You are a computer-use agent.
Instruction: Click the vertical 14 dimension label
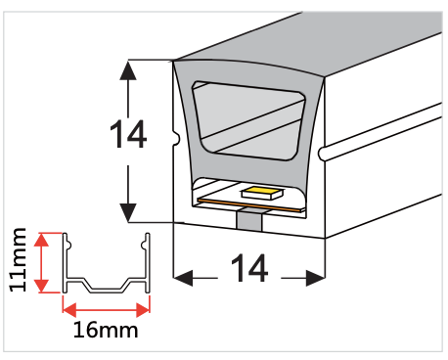pyautogui.click(x=128, y=136)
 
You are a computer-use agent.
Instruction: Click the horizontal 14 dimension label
pyautogui.click(x=249, y=267)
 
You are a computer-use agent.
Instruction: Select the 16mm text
pyautogui.click(x=106, y=330)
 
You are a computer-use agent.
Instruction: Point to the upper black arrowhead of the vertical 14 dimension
pyautogui.click(x=128, y=70)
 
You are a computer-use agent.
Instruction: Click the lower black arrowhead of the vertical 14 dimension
pyautogui.click(x=128, y=210)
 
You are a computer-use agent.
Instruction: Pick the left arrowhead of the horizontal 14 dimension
pyautogui.click(x=183, y=279)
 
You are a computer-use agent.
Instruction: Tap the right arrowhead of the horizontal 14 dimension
pyautogui.click(x=315, y=279)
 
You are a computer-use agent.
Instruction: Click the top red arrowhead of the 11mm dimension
pyautogui.click(x=41, y=239)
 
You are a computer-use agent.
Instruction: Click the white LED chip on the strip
pyautogui.click(x=260, y=192)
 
